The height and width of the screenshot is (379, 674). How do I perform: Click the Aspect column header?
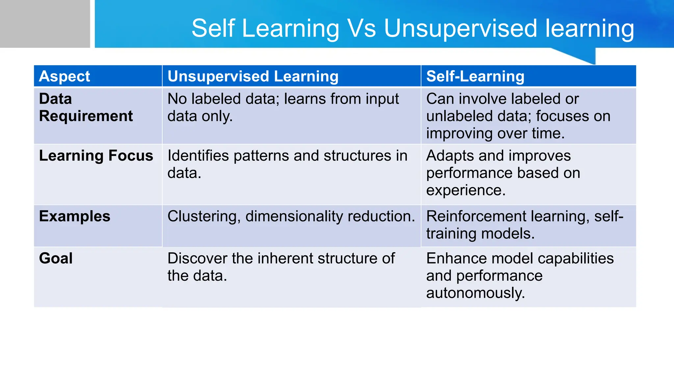coord(65,76)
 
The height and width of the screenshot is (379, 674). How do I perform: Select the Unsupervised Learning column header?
coord(253,76)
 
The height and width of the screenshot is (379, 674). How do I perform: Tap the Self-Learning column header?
coord(475,76)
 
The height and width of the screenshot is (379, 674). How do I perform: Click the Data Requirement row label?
coord(86,108)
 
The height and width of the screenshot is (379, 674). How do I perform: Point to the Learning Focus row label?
coord(96,156)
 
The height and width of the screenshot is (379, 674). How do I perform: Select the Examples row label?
coord(74,216)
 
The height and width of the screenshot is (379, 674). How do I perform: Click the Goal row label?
coord(56,258)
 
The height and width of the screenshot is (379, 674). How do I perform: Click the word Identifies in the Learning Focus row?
coord(198,156)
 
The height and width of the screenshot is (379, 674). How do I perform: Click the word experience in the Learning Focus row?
coord(465,190)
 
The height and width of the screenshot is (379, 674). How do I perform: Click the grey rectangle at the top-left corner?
coord(45,24)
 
